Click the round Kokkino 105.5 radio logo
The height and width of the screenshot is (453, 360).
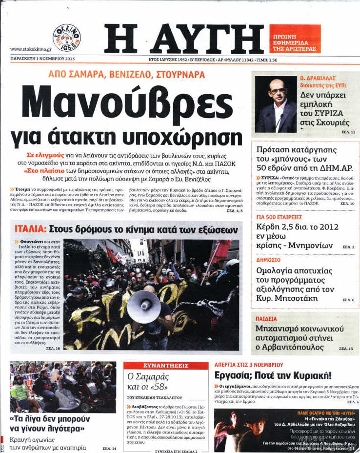pos(66,38)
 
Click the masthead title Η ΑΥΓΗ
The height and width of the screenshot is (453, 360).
pos(183,39)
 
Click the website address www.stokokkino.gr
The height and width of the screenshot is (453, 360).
pos(28,49)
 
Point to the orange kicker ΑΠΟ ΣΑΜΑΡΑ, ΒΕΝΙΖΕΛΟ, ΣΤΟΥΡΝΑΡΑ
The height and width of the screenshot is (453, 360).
pos(126,75)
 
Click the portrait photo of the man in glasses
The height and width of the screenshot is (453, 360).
pos(276,104)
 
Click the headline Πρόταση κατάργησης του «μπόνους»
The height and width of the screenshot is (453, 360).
pos(300,156)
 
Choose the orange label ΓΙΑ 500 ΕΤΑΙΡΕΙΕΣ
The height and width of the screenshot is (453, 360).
pos(280,217)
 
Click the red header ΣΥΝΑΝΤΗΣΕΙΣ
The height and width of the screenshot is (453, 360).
pos(166,365)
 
